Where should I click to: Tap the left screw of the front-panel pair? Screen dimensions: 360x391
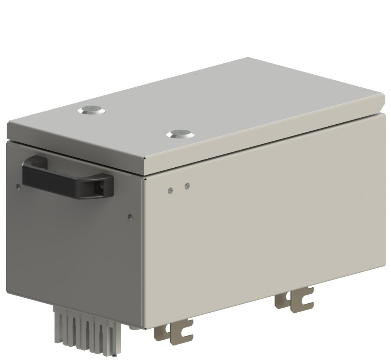170,190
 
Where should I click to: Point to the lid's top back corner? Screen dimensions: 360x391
248,58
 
